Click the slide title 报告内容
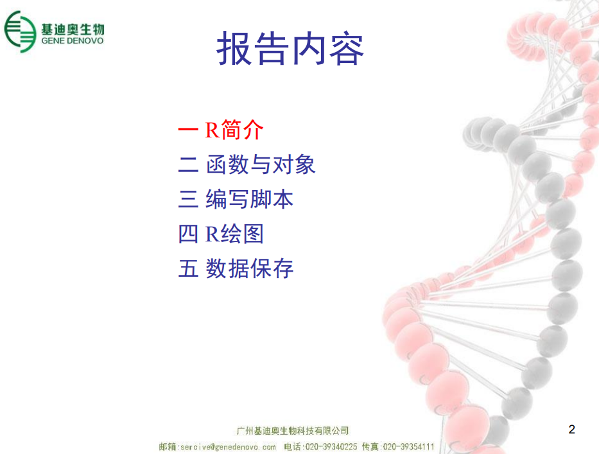pos(290,48)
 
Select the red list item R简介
pos(234,130)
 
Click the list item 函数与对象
pos(261,164)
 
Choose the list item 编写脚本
pos(250,199)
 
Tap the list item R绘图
pos(234,234)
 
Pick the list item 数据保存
pos(250,268)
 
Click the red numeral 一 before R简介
pos(188,130)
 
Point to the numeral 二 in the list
pos(188,164)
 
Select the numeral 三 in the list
pos(188,199)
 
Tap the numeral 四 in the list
pos(188,234)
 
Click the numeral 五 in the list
pos(188,268)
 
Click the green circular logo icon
pos(20,31)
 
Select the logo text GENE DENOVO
pos(73,41)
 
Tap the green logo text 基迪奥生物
pos(73,29)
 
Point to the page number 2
pos(571,429)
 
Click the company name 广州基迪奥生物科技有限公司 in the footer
pos(293,431)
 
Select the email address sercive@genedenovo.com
pos(228,447)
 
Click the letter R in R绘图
pos(212,234)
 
